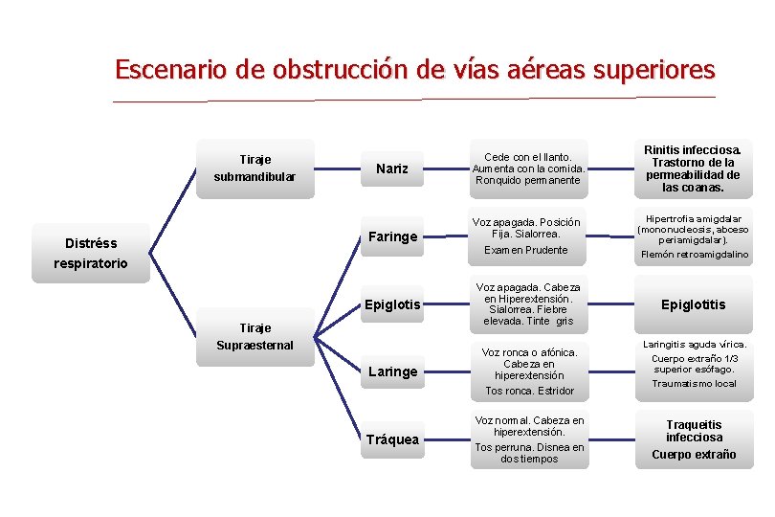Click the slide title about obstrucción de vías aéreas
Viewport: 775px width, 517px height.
tap(414, 70)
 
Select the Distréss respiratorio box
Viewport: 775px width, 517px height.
tap(91, 254)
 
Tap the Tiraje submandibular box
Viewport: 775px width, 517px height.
tap(255, 168)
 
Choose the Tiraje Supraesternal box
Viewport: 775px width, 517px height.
tap(255, 336)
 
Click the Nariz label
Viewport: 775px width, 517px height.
tap(392, 169)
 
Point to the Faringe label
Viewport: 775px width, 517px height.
tap(392, 236)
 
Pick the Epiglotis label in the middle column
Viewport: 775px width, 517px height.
tap(392, 304)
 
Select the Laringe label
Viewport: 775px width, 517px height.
tap(392, 371)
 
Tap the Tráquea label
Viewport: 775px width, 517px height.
tap(392, 439)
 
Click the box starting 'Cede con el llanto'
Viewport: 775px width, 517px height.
tap(528, 169)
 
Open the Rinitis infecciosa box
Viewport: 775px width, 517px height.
tap(693, 169)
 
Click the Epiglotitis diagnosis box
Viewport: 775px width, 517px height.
tap(693, 304)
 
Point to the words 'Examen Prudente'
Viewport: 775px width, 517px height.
tap(525, 251)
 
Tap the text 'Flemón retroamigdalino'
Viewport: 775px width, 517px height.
tap(693, 255)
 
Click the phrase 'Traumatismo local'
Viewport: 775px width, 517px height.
tap(694, 384)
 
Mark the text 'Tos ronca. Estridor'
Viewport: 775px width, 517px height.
tap(529, 391)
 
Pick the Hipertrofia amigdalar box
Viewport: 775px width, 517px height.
tap(693, 229)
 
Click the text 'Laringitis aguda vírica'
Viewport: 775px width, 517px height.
tap(694, 344)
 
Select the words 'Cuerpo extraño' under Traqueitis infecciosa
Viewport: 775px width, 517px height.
tap(694, 455)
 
